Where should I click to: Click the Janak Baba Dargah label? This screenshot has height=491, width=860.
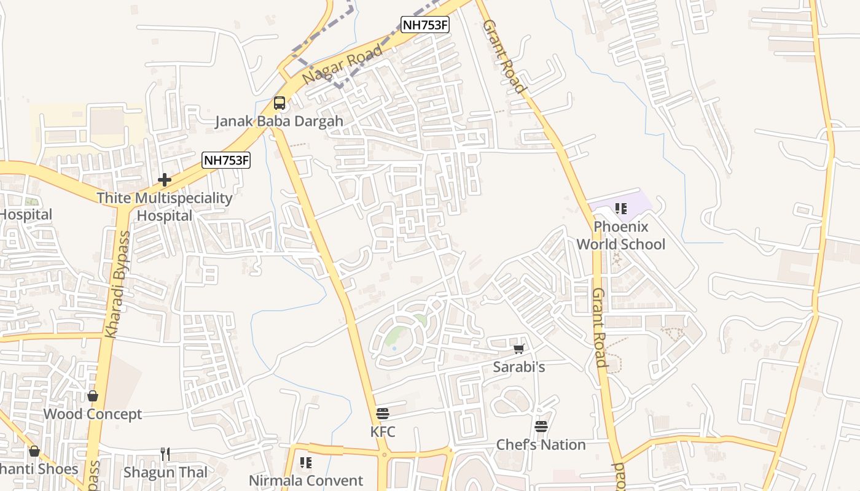click(279, 121)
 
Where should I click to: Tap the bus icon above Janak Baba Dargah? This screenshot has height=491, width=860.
click(279, 103)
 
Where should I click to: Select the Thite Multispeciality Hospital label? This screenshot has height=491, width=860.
click(165, 207)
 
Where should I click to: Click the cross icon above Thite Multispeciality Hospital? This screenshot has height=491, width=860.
click(164, 180)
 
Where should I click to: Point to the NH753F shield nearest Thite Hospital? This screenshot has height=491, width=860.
click(226, 161)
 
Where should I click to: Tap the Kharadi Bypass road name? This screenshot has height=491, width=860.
click(117, 284)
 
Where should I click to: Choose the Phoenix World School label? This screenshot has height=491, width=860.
click(620, 235)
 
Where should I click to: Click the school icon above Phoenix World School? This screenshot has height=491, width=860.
click(621, 209)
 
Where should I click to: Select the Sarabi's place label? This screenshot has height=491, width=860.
click(519, 367)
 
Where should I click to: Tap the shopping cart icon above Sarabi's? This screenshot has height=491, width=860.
click(518, 349)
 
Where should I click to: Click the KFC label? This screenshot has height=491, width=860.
click(383, 432)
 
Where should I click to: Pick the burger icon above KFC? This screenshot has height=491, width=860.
click(383, 414)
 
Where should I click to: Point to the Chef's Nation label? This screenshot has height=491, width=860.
click(541, 444)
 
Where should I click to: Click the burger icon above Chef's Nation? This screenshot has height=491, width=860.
click(541, 426)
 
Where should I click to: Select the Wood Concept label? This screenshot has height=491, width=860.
click(93, 414)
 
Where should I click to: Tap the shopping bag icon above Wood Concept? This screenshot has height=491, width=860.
click(93, 396)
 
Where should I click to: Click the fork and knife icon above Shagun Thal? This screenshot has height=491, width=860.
click(165, 454)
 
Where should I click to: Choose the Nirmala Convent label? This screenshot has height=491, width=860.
click(306, 480)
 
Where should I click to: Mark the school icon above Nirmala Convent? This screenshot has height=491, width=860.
click(305, 462)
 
